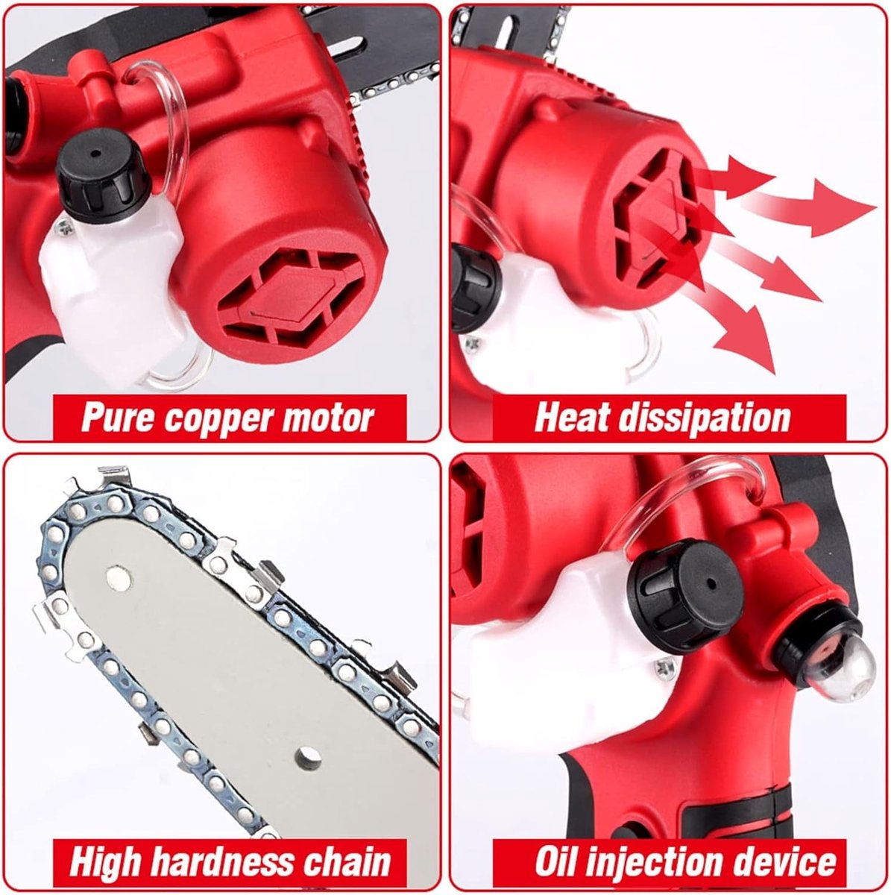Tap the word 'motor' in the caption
coord(327,417)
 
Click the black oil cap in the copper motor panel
coord(103,175)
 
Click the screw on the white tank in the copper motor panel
coord(62,226)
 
